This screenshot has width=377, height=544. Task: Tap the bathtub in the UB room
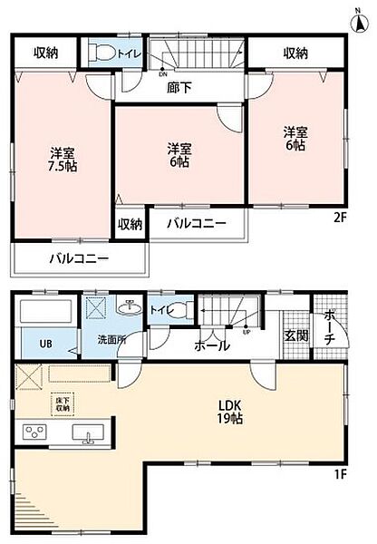45,316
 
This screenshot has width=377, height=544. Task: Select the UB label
44,344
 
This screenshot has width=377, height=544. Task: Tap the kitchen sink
88,435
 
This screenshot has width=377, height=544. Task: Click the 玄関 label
295,335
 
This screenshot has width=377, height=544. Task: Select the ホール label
210,345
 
